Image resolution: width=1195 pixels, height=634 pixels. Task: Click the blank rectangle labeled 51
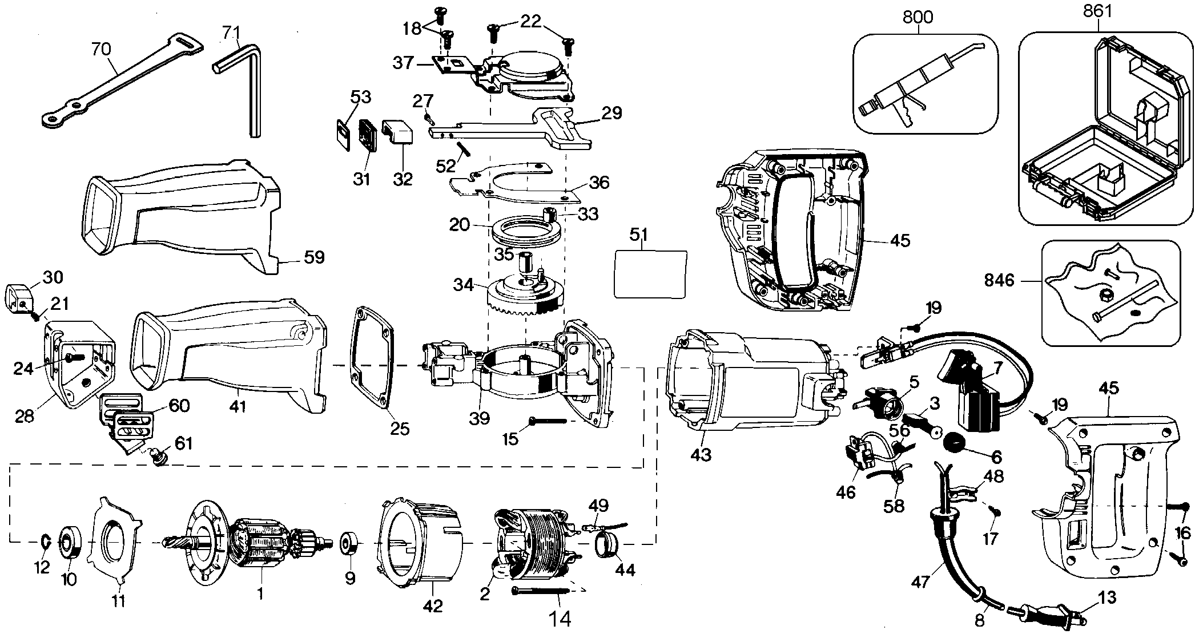pos(650,273)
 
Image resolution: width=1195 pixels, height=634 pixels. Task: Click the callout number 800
pos(918,17)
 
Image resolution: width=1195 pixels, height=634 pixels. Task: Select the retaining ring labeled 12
pos(46,540)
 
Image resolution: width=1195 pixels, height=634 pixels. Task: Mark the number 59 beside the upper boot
pos(313,257)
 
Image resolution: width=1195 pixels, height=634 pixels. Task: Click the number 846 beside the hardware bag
pos(999,281)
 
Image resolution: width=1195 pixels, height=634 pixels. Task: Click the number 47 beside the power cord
pos(920,581)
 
